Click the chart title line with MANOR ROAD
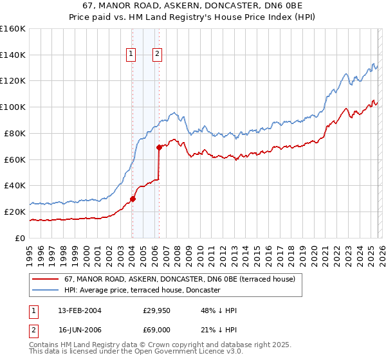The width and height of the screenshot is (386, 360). pos(193,6)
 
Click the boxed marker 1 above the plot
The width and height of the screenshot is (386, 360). pos(131,55)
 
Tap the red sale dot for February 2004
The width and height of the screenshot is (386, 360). pos(133,199)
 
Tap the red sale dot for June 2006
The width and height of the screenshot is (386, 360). pos(159,147)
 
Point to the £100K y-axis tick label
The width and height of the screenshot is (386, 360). pos(13,107)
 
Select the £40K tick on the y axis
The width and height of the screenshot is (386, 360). pos(15,186)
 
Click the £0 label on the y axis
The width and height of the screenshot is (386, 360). pos(20,238)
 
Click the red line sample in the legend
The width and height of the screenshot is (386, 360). pos(46,280)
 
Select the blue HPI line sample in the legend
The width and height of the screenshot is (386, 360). pos(46,291)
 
